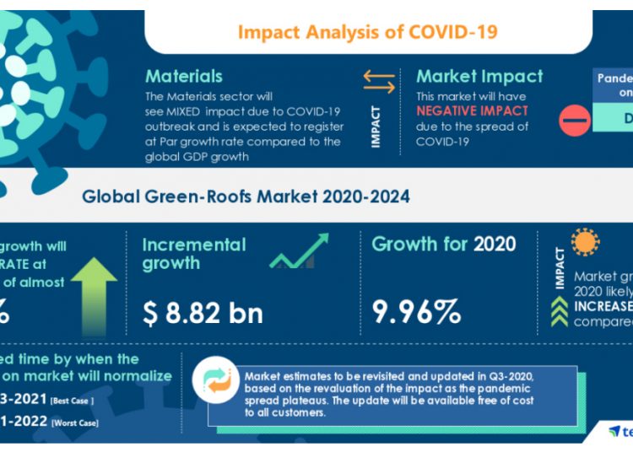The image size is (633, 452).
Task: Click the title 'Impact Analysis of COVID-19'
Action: pos(367,32)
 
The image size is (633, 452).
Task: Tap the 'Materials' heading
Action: pos(184,77)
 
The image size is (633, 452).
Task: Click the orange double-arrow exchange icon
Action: pos(379,82)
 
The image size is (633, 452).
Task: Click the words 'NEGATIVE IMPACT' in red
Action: pos(472,110)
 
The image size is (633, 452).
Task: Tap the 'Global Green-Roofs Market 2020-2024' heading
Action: pos(246,197)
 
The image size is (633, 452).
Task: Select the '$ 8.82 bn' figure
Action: pos(203,312)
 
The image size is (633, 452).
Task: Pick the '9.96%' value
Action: pos(417,312)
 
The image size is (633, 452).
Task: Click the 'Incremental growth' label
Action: pos(194,254)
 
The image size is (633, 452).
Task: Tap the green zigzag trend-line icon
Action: pos(300,251)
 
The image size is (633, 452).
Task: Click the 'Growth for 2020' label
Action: pos(443,245)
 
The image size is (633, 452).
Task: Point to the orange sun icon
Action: pos(587,242)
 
